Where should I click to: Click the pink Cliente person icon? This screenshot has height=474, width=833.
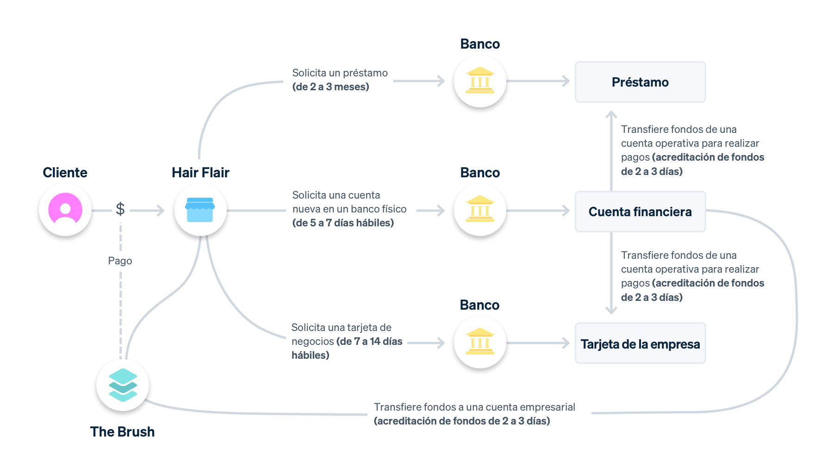(65, 210)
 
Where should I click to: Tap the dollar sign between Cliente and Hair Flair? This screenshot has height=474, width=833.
(120, 209)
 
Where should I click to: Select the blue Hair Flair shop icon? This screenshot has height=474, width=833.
(200, 210)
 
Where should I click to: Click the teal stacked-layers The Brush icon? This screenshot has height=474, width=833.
(123, 385)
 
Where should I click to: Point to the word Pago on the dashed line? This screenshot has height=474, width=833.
(120, 261)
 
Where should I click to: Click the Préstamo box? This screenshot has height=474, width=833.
(640, 82)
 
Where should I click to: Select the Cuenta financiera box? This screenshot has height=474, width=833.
(640, 212)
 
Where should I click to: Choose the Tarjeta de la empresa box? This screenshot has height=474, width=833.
(640, 343)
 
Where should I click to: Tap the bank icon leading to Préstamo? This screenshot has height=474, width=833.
(480, 81)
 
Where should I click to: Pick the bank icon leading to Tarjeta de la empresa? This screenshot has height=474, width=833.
(480, 343)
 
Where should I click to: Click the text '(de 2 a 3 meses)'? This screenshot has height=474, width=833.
(330, 87)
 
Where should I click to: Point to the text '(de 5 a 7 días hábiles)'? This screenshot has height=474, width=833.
(343, 223)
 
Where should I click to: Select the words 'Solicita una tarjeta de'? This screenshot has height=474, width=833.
(341, 327)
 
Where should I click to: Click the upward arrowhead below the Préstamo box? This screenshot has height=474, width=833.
(611, 113)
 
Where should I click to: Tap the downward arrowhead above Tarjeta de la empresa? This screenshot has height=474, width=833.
(611, 311)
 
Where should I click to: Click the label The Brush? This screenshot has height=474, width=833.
(122, 431)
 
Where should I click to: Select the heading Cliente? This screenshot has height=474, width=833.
(65, 172)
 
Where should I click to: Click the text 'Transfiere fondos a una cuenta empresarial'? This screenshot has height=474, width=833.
(474, 407)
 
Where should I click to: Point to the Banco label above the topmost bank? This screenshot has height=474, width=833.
(480, 44)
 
